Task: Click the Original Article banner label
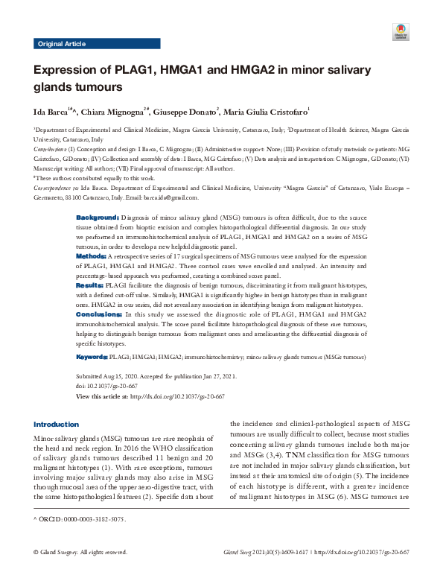point(61,44)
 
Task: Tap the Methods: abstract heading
point(92,255)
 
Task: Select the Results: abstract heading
point(90,285)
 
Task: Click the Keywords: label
point(93,358)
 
